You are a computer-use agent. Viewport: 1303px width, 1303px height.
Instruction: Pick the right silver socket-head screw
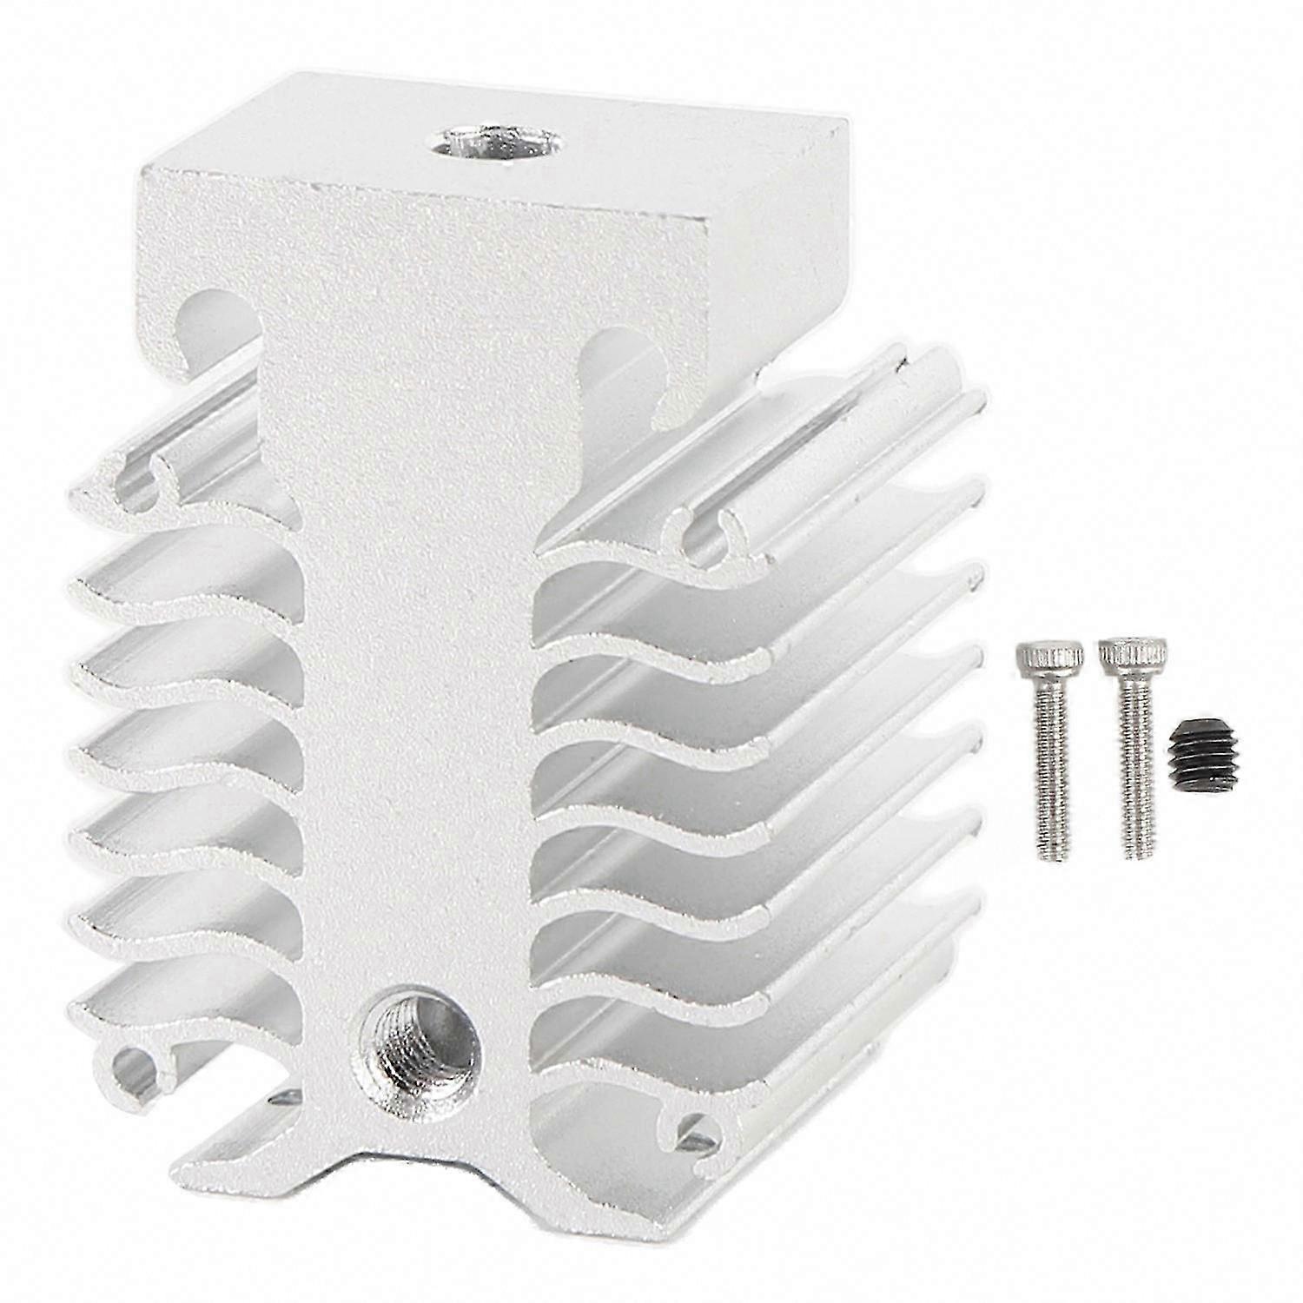[x=1134, y=747]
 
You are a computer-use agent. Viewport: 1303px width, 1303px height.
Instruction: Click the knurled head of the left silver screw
[x=1049, y=658]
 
